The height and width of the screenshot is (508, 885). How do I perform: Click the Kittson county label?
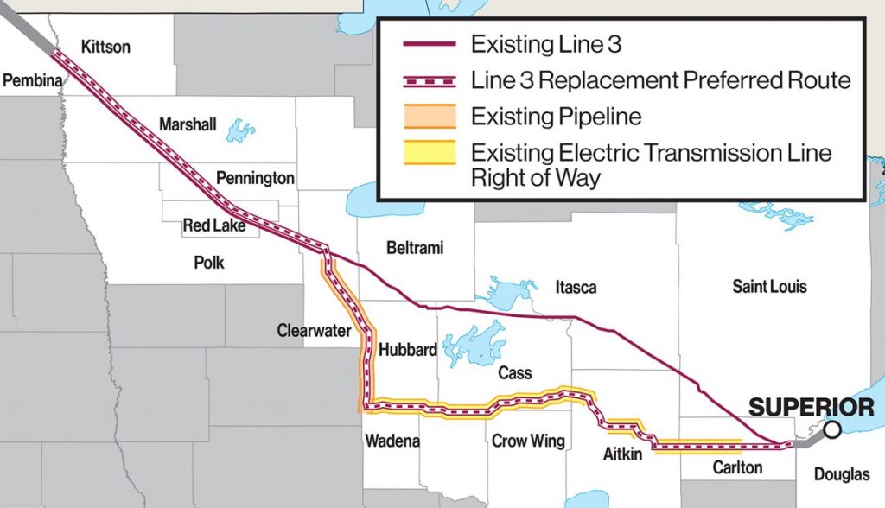[105, 47]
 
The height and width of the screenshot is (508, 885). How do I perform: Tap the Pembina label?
[33, 80]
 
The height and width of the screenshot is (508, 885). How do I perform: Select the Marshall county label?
[188, 125]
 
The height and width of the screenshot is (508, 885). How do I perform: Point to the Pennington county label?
[255, 179]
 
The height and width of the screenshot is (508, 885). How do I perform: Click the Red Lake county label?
[214, 226]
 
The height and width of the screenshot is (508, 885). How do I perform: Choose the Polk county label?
[209, 262]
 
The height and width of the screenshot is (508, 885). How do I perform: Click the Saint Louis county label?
[769, 286]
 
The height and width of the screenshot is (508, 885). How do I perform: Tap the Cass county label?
[514, 373]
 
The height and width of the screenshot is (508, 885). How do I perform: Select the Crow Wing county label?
[528, 441]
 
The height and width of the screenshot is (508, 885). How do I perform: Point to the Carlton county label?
[737, 467]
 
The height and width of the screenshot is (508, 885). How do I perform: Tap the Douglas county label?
[841, 474]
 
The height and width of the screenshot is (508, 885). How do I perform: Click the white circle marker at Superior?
[831, 429]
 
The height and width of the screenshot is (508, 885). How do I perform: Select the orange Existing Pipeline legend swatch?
[430, 116]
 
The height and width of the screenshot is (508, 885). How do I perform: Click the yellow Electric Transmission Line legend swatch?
[430, 153]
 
